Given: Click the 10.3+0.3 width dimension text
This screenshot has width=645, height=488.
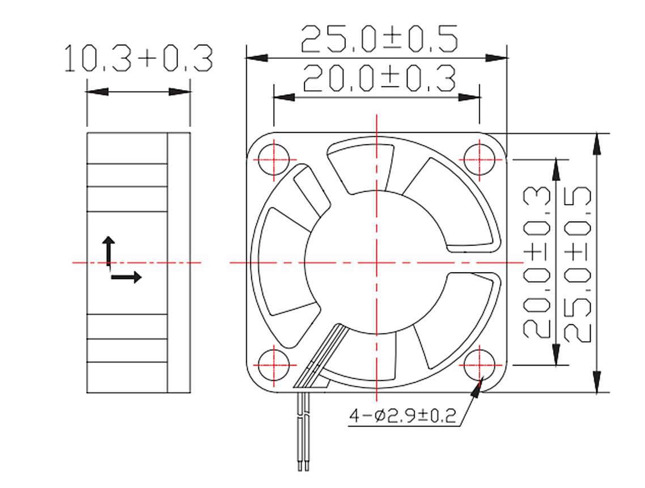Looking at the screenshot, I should point(138,59).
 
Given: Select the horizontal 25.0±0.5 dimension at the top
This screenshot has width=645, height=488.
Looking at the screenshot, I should point(379,39).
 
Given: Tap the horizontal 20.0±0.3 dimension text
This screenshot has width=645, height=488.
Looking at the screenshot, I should point(379,79).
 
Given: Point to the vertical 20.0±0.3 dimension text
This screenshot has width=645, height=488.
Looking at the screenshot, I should point(536,262).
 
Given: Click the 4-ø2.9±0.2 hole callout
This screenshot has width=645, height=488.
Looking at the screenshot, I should point(402,417).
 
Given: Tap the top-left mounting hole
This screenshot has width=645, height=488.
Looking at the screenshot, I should point(273,159).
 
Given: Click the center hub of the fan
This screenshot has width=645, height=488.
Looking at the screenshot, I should point(376,262).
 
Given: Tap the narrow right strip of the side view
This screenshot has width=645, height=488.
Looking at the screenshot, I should point(179,262).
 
